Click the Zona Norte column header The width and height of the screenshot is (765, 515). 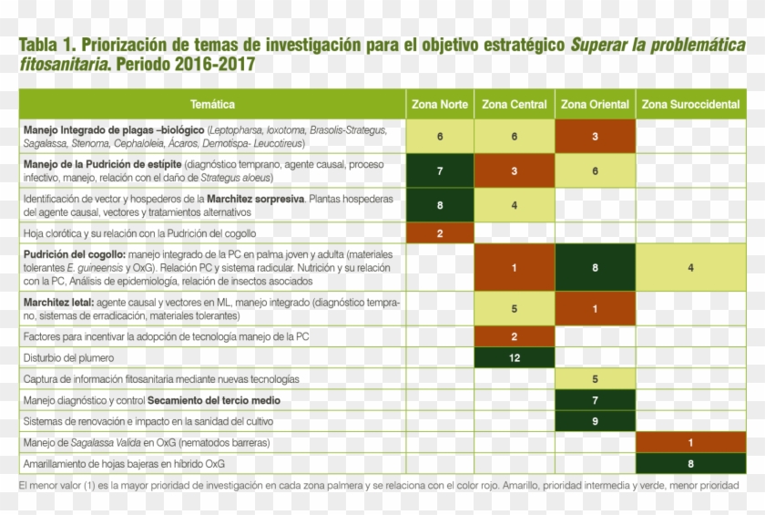pos(440,105)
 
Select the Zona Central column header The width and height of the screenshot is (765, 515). pos(515,105)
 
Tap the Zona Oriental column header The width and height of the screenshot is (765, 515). pos(595,105)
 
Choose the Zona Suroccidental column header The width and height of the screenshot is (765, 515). pos(690,105)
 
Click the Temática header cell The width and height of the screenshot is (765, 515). pos(212,105)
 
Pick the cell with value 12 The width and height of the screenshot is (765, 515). pos(515,357)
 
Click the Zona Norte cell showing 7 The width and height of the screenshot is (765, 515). pos(440,170)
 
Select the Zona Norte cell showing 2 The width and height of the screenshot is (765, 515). pos(440,232)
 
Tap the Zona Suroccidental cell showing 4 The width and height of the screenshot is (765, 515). pos(690,268)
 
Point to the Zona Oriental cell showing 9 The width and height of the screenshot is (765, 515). pos(595,421)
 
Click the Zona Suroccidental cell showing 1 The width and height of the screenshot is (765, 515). pos(690,442)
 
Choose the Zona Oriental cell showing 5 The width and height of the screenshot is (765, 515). pos(595,378)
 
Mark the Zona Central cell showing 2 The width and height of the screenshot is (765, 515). pos(515,336)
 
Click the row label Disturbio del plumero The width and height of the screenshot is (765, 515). pos(69,358)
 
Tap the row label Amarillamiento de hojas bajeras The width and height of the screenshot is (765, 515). pos(124,463)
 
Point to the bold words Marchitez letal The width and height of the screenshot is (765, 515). pos(57,302)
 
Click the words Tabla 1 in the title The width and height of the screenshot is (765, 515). pos(46,44)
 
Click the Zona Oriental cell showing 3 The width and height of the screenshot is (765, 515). pos(595,136)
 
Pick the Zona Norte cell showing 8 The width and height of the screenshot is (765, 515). pos(440,205)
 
